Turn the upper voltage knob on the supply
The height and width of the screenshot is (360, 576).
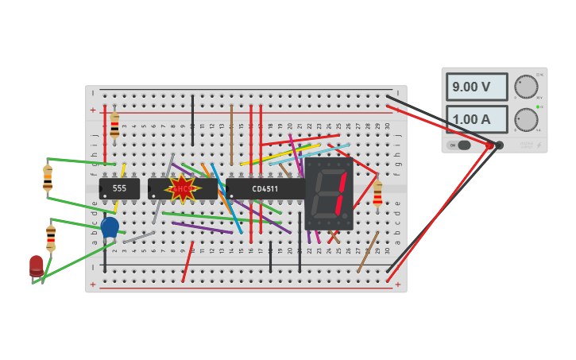click(526, 87)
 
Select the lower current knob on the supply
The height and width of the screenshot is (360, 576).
click(526, 120)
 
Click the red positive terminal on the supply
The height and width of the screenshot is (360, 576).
click(489, 145)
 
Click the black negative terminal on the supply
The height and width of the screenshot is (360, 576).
click(500, 145)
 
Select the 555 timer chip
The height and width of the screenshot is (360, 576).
click(119, 188)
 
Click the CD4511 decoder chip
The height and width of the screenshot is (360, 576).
click(265, 188)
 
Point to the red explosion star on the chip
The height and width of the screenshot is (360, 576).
click(183, 188)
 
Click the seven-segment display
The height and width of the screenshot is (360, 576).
click(328, 193)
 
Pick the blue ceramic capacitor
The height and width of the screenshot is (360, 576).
click(110, 227)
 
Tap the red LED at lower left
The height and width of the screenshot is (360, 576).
click(37, 265)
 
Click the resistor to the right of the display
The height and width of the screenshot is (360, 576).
click(377, 193)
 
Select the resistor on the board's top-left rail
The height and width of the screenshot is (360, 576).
click(114, 126)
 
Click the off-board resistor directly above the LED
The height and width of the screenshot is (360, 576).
click(51, 237)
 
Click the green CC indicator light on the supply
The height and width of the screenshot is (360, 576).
click(538, 106)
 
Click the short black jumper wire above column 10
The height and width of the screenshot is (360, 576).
click(192, 119)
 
